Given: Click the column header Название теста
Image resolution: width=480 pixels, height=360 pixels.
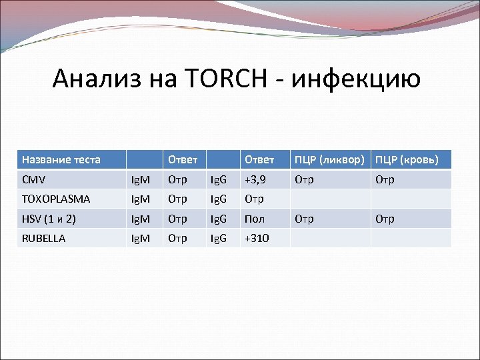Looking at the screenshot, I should (61, 159).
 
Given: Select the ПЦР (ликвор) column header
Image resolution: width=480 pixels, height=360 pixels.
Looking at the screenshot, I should (329, 159).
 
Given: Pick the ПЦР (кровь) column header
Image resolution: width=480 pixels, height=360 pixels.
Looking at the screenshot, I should (407, 159).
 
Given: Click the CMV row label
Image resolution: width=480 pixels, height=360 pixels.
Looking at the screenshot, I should (34, 179).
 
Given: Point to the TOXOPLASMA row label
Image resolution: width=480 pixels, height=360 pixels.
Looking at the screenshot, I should (56, 199).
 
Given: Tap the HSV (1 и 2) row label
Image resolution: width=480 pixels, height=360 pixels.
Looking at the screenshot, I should (49, 219).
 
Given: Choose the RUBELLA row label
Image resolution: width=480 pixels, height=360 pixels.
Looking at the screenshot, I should (44, 238).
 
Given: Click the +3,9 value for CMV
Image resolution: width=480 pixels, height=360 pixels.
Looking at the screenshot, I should (256, 179).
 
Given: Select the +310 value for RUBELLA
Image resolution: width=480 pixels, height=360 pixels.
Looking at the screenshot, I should (257, 238).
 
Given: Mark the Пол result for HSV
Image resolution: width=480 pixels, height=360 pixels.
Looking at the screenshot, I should (254, 219).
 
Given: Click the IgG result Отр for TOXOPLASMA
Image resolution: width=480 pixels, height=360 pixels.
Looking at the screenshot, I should (254, 199).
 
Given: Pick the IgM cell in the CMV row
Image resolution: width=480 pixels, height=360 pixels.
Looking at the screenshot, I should (140, 179).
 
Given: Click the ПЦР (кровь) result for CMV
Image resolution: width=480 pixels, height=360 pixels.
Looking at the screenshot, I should (385, 179).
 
